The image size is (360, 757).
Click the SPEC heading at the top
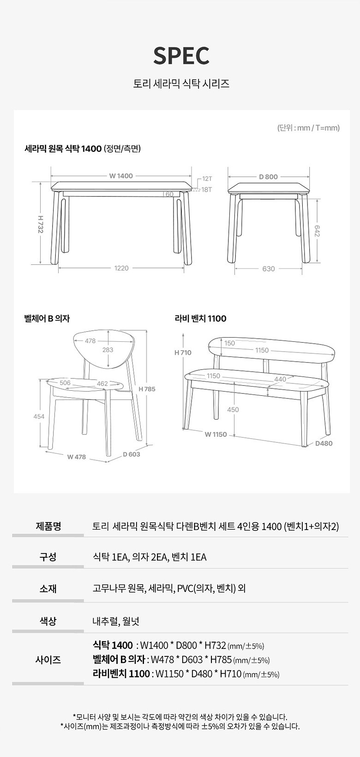181,56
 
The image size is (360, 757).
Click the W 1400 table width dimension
121,176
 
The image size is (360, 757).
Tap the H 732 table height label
41,224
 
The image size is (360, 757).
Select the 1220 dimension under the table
121,268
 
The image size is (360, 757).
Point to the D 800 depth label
269,176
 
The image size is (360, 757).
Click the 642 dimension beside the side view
317,231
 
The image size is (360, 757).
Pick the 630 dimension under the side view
269,268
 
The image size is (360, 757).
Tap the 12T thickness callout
207,179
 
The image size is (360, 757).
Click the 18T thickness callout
207,189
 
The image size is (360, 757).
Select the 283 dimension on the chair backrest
108,350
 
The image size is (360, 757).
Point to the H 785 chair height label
147,389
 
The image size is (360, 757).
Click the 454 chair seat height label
39,417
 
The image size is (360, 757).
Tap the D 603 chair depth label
132,454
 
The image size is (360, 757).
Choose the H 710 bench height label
183,352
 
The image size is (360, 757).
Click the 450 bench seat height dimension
233,410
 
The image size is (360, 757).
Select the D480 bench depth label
324,443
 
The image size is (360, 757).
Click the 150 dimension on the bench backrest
229,343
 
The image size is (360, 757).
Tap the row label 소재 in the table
48,588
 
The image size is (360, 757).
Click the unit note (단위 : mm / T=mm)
309,128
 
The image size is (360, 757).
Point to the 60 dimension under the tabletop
169,194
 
